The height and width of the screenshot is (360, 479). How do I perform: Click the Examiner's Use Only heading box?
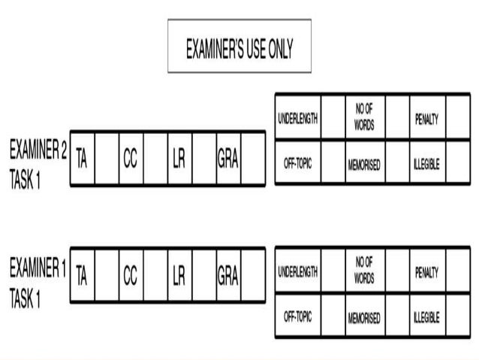(x=239, y=47)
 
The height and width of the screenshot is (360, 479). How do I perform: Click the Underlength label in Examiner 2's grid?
(x=297, y=119)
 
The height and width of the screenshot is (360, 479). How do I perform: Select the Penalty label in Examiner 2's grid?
(x=426, y=119)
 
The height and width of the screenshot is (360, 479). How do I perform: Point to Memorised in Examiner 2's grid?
(x=364, y=164)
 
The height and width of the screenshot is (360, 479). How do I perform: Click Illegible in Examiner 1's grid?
(x=426, y=317)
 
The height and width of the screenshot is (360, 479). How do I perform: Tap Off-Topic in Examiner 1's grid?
(x=297, y=317)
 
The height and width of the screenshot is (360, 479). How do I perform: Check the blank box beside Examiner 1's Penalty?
(x=457, y=271)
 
